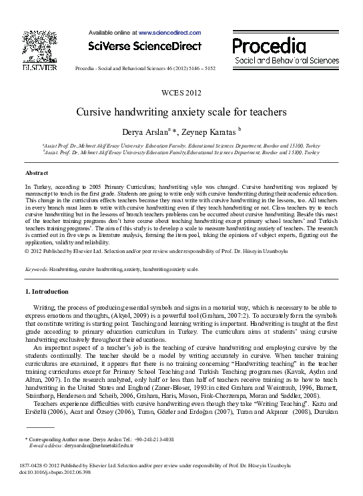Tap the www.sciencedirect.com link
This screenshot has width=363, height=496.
click(x=169, y=31)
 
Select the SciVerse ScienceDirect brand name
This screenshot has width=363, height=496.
click(x=145, y=46)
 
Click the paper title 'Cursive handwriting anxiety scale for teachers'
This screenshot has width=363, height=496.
click(x=181, y=112)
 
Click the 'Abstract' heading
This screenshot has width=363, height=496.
click(x=37, y=172)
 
